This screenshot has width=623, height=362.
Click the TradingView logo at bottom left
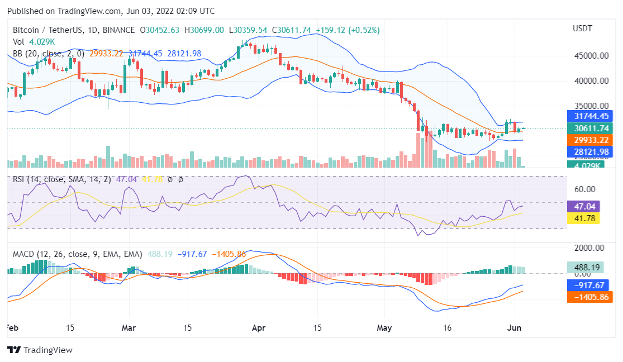point(40,350)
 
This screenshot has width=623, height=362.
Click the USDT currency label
point(583,28)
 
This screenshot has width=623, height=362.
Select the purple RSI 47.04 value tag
point(583,206)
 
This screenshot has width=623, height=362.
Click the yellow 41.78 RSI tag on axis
point(583,218)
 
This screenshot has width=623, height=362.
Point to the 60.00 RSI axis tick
point(584,189)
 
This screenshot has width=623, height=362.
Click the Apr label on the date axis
point(258,328)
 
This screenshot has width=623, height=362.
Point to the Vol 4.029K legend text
point(34,42)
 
